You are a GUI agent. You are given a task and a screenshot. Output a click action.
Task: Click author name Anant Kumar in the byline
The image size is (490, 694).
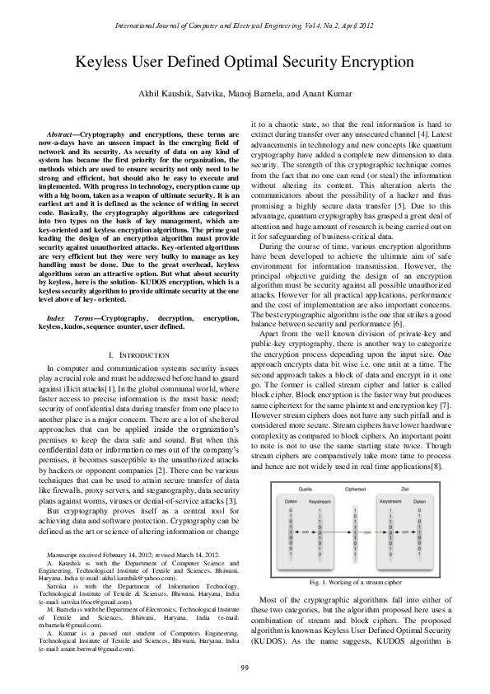click(322, 94)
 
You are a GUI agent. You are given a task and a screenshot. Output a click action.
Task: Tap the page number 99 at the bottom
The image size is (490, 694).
click(245, 667)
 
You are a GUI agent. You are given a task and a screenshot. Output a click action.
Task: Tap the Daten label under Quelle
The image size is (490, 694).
click(285, 499)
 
